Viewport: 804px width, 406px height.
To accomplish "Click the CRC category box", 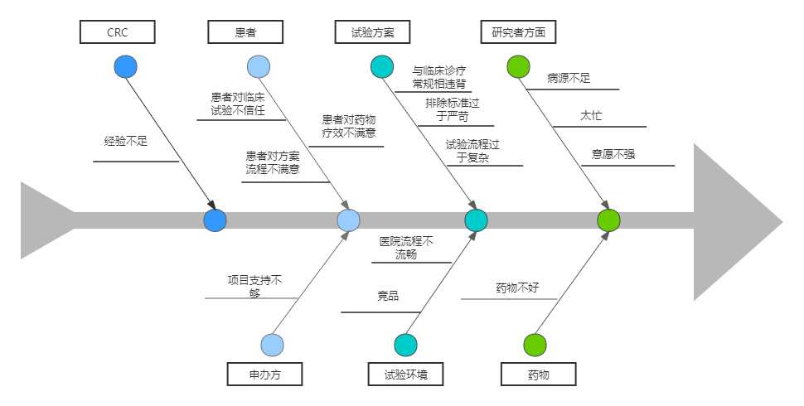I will (118, 32).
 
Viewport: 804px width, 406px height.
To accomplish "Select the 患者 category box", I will (245, 32).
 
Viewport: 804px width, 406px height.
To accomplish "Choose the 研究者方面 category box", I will (518, 32).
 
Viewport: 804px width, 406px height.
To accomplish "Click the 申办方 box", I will (264, 375).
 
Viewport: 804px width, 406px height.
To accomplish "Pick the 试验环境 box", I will (406, 375).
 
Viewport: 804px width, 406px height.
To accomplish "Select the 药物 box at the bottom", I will (539, 375).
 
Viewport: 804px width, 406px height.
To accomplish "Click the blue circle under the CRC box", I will (126, 67).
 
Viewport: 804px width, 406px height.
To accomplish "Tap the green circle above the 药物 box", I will (535, 345).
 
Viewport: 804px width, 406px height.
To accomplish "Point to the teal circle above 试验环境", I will (405, 345).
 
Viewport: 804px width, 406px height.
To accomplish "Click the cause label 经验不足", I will (126, 141).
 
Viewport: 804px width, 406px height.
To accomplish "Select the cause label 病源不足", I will (569, 78).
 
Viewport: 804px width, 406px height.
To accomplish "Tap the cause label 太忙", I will (591, 115).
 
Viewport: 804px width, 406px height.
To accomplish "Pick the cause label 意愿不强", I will (613, 153).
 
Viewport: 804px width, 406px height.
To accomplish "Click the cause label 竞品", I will (388, 295).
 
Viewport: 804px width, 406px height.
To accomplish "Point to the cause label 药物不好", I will (517, 288).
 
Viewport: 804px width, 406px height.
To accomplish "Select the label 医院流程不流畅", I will (406, 248).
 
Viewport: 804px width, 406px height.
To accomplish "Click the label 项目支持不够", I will (254, 286).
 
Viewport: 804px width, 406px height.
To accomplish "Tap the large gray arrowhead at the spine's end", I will (734, 221).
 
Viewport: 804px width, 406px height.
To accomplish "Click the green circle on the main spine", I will (609, 220).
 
